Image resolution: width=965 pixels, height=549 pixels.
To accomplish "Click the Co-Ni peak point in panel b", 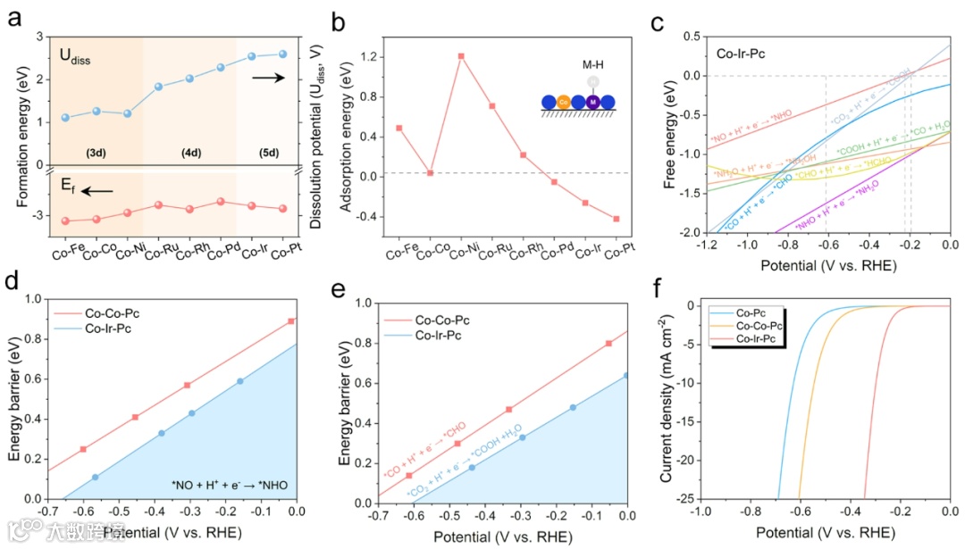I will pyautogui.click(x=461, y=56).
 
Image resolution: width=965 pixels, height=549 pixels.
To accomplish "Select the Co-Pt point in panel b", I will pyautogui.click(x=617, y=219).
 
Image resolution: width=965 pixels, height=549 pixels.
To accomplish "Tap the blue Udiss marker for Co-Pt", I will pyautogui.click(x=283, y=54).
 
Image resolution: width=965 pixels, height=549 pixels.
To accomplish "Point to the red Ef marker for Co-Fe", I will pyautogui.click(x=64, y=220).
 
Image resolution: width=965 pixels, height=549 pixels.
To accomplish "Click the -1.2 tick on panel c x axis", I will pyautogui.click(x=705, y=245).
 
